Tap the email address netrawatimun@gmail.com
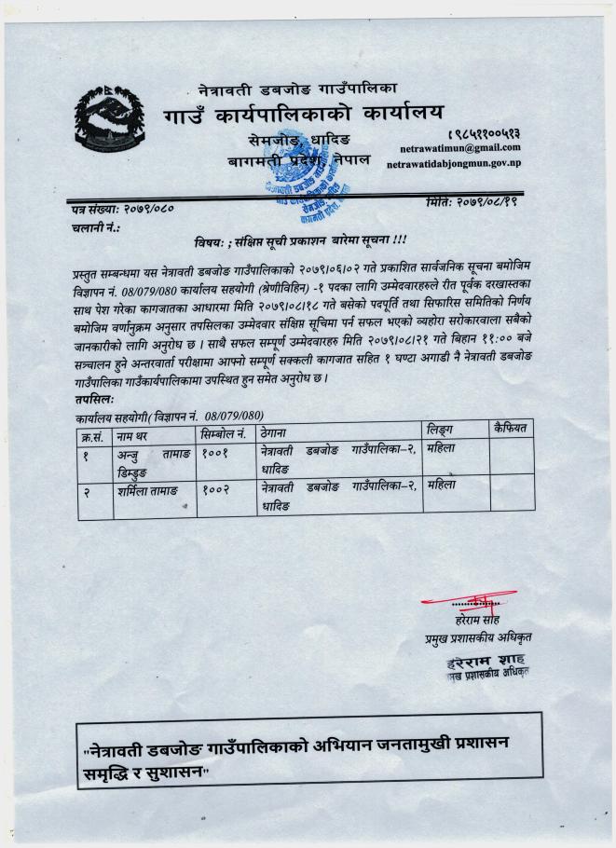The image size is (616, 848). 460,148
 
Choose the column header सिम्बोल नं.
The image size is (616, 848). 223,434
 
